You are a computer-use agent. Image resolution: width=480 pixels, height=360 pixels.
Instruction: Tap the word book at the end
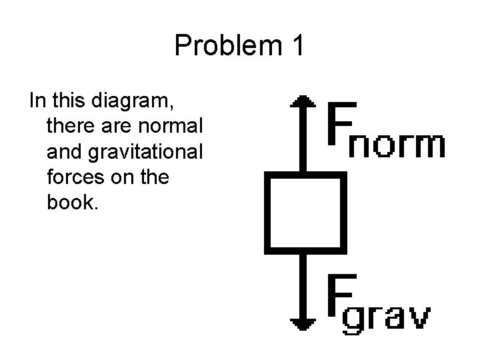tap(73, 202)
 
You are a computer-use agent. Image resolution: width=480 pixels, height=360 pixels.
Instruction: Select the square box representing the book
tap(305, 212)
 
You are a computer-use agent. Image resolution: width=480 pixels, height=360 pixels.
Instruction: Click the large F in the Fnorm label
tap(342, 123)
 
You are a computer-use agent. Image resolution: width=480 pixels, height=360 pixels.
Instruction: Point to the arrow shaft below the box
tap(304, 283)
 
